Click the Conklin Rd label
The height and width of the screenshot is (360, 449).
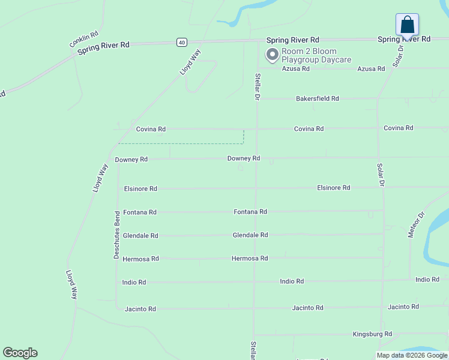[83, 40]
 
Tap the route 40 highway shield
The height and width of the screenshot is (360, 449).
[181, 41]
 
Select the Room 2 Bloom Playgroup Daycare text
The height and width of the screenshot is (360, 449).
[309, 55]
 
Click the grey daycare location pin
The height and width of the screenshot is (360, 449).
[272, 55]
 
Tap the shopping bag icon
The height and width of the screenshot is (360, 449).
[407, 25]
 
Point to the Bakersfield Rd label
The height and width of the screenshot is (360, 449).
[317, 98]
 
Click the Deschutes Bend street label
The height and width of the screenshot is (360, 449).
[117, 235]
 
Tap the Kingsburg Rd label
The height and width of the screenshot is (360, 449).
[372, 334]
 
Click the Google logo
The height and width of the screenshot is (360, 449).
[20, 353]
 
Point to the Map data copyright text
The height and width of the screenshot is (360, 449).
[412, 355]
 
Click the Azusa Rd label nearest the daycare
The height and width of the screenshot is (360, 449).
[296, 69]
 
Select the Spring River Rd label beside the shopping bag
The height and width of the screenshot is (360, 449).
[404, 39]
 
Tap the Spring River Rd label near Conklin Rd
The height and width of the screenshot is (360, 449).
[103, 48]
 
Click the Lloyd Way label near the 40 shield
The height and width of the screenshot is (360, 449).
[190, 62]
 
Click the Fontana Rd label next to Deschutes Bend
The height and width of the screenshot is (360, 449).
[139, 212]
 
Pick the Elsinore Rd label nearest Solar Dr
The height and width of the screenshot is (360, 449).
[333, 188]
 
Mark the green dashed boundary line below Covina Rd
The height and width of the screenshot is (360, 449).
[180, 143]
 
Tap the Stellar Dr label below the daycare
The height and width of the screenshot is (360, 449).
[257, 86]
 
